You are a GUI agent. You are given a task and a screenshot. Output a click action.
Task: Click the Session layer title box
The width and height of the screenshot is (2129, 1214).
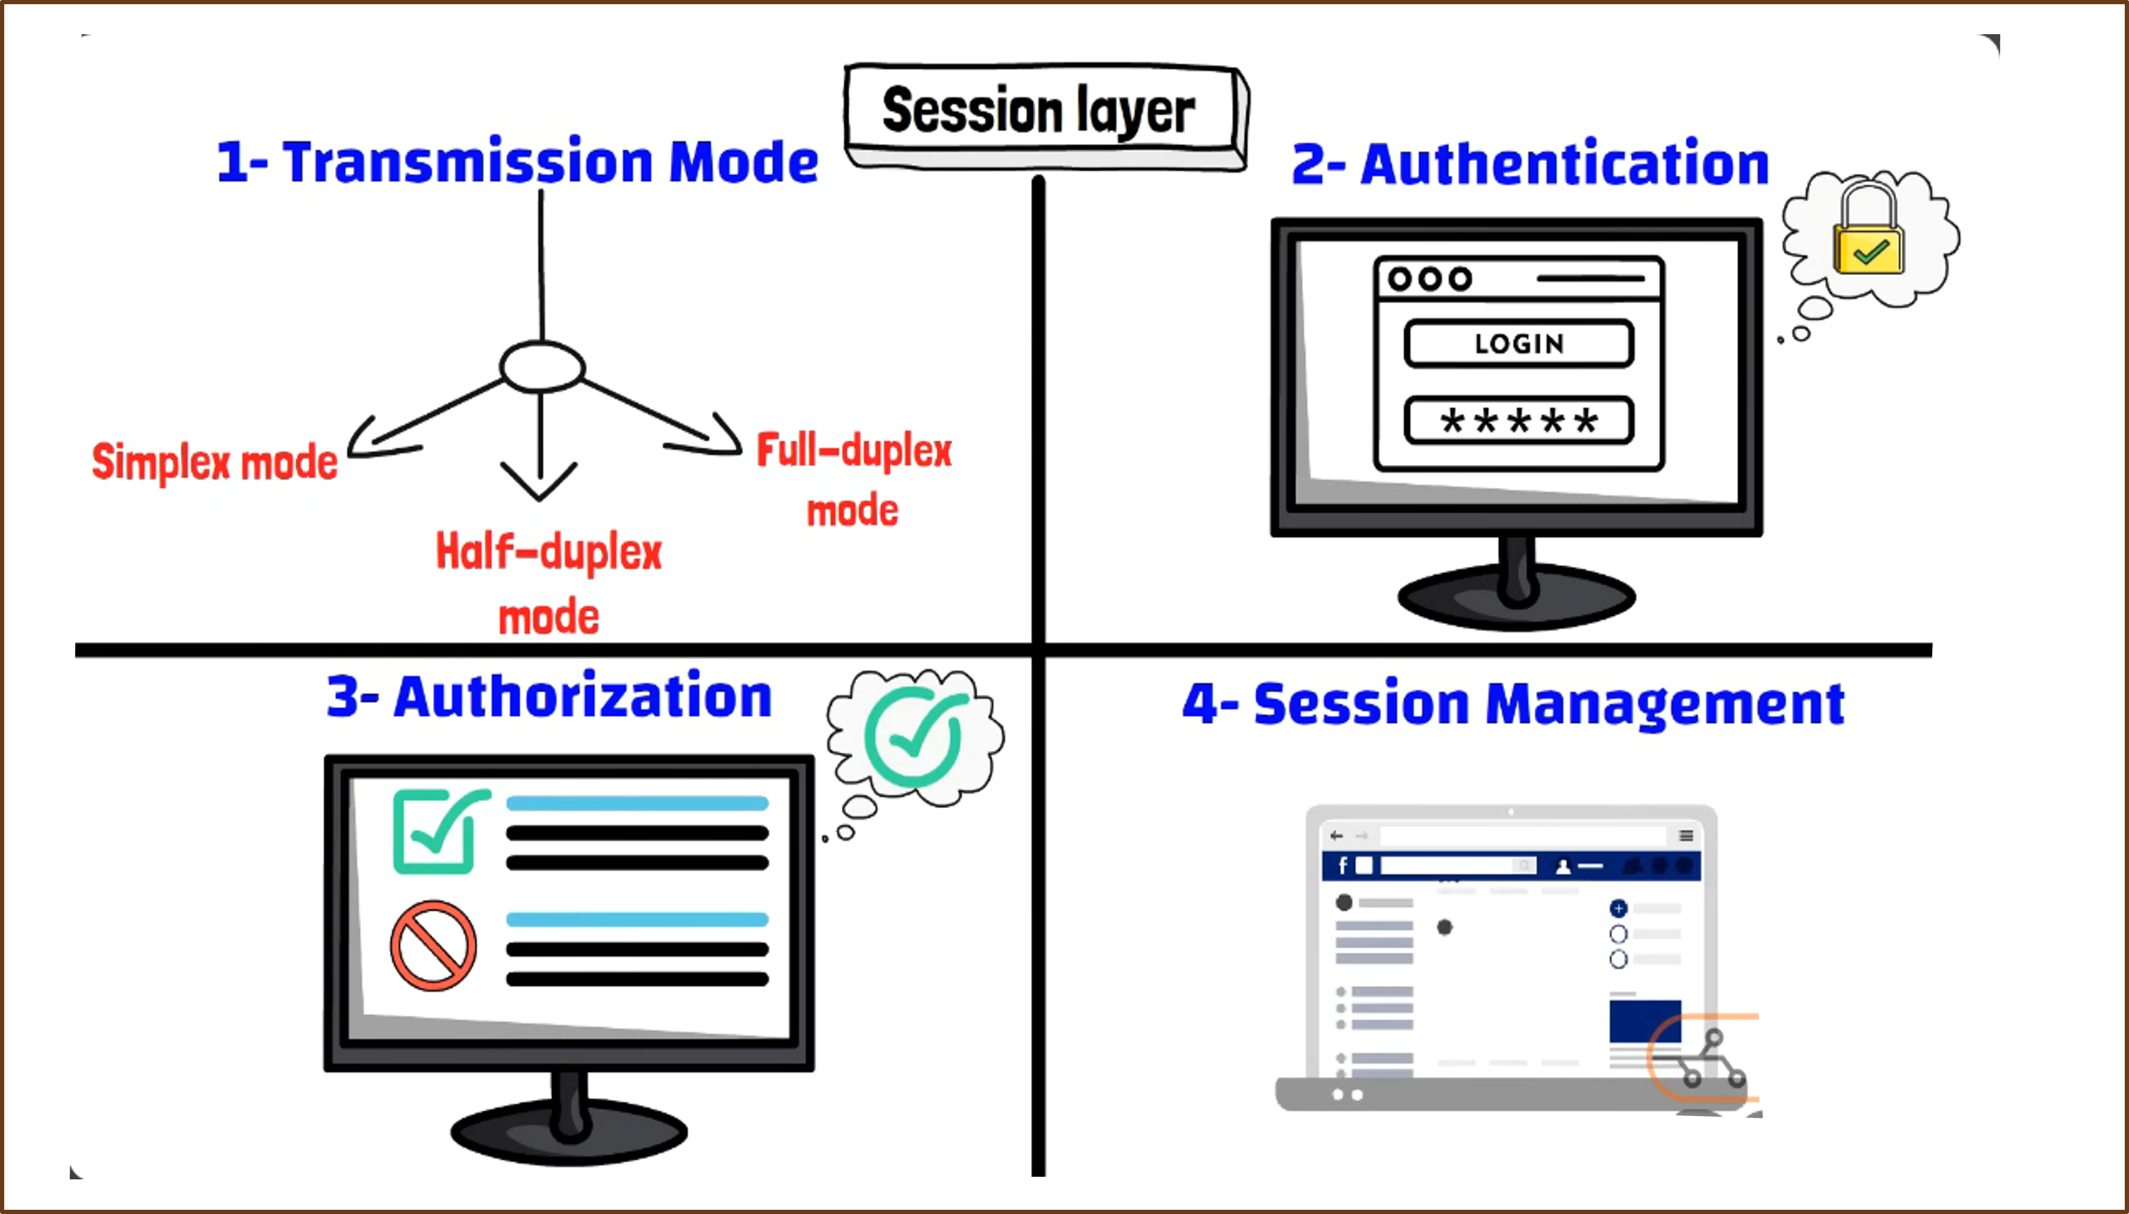pos(1046,117)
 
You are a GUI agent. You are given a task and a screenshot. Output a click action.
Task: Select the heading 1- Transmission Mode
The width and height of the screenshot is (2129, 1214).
pos(517,162)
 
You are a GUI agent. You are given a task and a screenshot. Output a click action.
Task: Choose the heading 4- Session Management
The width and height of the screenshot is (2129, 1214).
pos(1513,704)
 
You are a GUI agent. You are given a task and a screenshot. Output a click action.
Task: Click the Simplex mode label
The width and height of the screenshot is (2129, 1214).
pos(214,463)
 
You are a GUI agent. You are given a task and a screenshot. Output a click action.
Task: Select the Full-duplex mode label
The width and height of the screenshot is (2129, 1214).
pos(853,479)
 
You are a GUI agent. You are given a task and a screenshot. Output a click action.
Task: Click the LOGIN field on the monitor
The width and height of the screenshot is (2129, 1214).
pos(1518,344)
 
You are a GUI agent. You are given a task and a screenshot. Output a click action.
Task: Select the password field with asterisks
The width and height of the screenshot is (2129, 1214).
pos(1518,420)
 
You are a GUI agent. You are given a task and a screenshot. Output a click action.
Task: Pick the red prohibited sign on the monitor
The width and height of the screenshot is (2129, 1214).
pos(434,945)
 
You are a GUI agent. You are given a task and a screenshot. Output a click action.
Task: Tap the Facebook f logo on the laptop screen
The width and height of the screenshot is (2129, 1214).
pos(1342,865)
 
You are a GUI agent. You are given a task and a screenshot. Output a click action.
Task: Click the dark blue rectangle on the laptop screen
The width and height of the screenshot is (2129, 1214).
pos(1645,1021)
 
